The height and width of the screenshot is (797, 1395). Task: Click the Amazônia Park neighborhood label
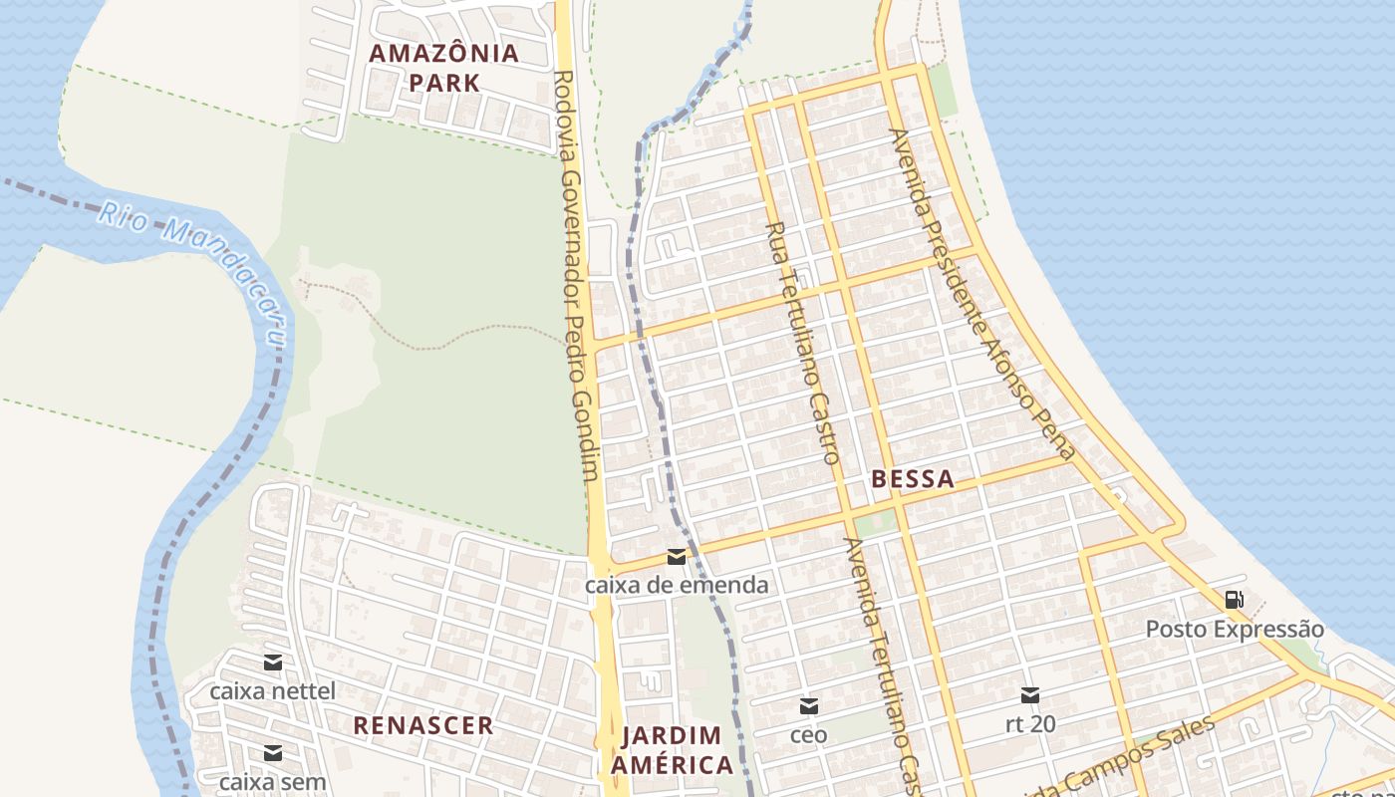[444, 67]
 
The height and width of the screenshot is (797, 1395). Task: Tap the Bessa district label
[913, 479]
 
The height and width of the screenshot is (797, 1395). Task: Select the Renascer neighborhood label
[423, 725]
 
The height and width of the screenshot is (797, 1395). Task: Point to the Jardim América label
[672, 750]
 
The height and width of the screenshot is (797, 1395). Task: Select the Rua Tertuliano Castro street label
[802, 343]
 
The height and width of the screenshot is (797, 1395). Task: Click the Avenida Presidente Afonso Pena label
[982, 294]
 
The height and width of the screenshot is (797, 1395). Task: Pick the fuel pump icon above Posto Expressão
[1234, 600]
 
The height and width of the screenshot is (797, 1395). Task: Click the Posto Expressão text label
[1235, 630]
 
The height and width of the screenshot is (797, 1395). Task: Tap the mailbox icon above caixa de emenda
[677, 556]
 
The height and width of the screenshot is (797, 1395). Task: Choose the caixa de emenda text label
[677, 585]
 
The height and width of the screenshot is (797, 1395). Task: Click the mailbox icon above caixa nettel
[272, 663]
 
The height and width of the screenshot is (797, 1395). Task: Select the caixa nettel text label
[272, 690]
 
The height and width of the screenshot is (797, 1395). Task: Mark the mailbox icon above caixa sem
[272, 753]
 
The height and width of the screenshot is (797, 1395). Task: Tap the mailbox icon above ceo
[809, 706]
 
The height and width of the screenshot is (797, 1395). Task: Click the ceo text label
[809, 735]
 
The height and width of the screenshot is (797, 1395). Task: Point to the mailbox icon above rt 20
[1030, 694]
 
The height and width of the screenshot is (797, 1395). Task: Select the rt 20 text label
[1030, 723]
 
